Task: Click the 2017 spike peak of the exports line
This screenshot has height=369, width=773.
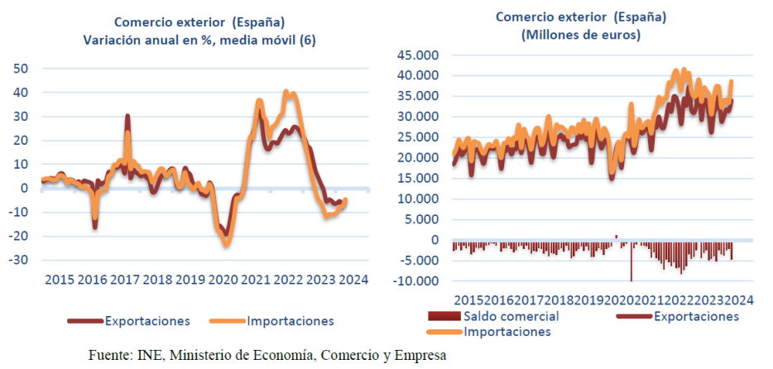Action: tap(127, 117)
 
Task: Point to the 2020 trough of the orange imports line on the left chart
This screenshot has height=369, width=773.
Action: tap(226, 243)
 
